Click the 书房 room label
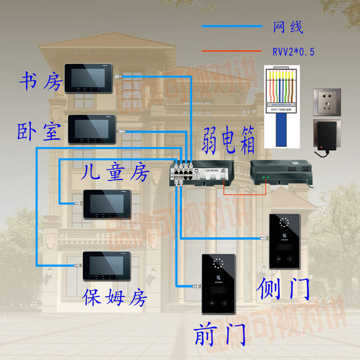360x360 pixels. click(40, 81)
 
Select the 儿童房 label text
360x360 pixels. click(115, 171)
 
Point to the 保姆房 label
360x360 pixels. click(115, 298)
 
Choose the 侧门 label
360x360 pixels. click(284, 288)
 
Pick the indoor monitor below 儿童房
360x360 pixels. click(107, 204)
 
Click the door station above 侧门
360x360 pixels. click(284, 241)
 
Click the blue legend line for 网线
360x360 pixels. click(232, 26)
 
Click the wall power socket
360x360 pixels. click(327, 101)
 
